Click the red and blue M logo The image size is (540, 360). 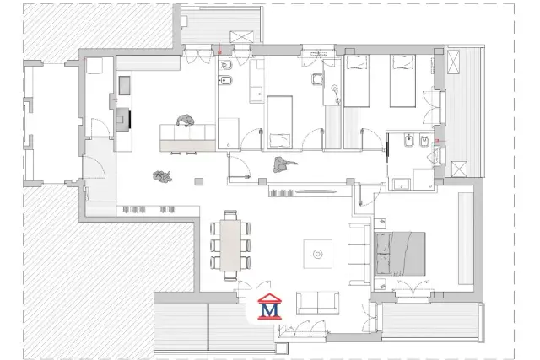(x=269, y=306)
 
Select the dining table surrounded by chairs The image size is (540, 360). (x=230, y=245)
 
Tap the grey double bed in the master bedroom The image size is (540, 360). (x=399, y=254)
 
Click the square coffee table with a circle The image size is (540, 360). (x=317, y=254)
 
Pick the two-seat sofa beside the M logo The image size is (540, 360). (x=317, y=303)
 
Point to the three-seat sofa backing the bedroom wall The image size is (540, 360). (x=359, y=255)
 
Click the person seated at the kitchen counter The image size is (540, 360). (x=186, y=121)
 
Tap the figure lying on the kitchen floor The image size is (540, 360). (x=162, y=176)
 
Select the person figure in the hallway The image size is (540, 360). (x=283, y=164)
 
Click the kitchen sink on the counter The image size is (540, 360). (x=125, y=85)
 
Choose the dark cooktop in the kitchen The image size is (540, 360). (x=123, y=119)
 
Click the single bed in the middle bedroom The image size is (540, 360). (x=279, y=122)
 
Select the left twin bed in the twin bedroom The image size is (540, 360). (x=356, y=81)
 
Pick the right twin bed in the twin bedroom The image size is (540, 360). (x=402, y=81)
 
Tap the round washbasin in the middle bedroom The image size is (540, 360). (x=317, y=79)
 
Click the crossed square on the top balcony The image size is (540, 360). (x=241, y=37)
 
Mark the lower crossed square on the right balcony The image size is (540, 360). (x=459, y=169)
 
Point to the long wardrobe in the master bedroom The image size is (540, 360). (x=466, y=239)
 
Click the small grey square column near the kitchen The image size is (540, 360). (x=199, y=181)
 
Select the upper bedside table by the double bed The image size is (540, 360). (x=380, y=224)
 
